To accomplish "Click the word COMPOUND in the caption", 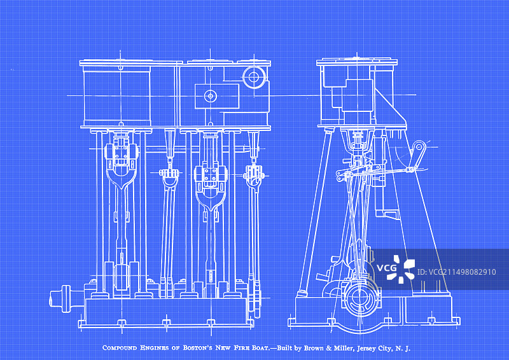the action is pos(120,348).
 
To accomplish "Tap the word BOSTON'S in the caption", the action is pos(197,348).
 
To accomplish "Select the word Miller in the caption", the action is pos(344,348).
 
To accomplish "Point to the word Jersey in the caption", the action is pos(366,349).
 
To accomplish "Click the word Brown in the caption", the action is pos(314,348).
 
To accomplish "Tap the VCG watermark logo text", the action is pos(386,268).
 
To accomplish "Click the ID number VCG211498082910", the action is pos(456,272).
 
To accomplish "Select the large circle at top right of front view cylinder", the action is pos(254,77).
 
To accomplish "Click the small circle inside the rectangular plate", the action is pos(211,96).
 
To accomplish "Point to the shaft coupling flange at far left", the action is pos(66,299).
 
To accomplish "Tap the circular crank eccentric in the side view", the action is pos(359,298).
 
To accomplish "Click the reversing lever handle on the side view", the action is pos(417,156).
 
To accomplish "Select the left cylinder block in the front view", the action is pos(117,96).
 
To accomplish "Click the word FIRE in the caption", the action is pos(241,348).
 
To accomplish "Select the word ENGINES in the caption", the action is pos(155,348).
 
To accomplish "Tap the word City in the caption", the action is pos(386,349).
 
